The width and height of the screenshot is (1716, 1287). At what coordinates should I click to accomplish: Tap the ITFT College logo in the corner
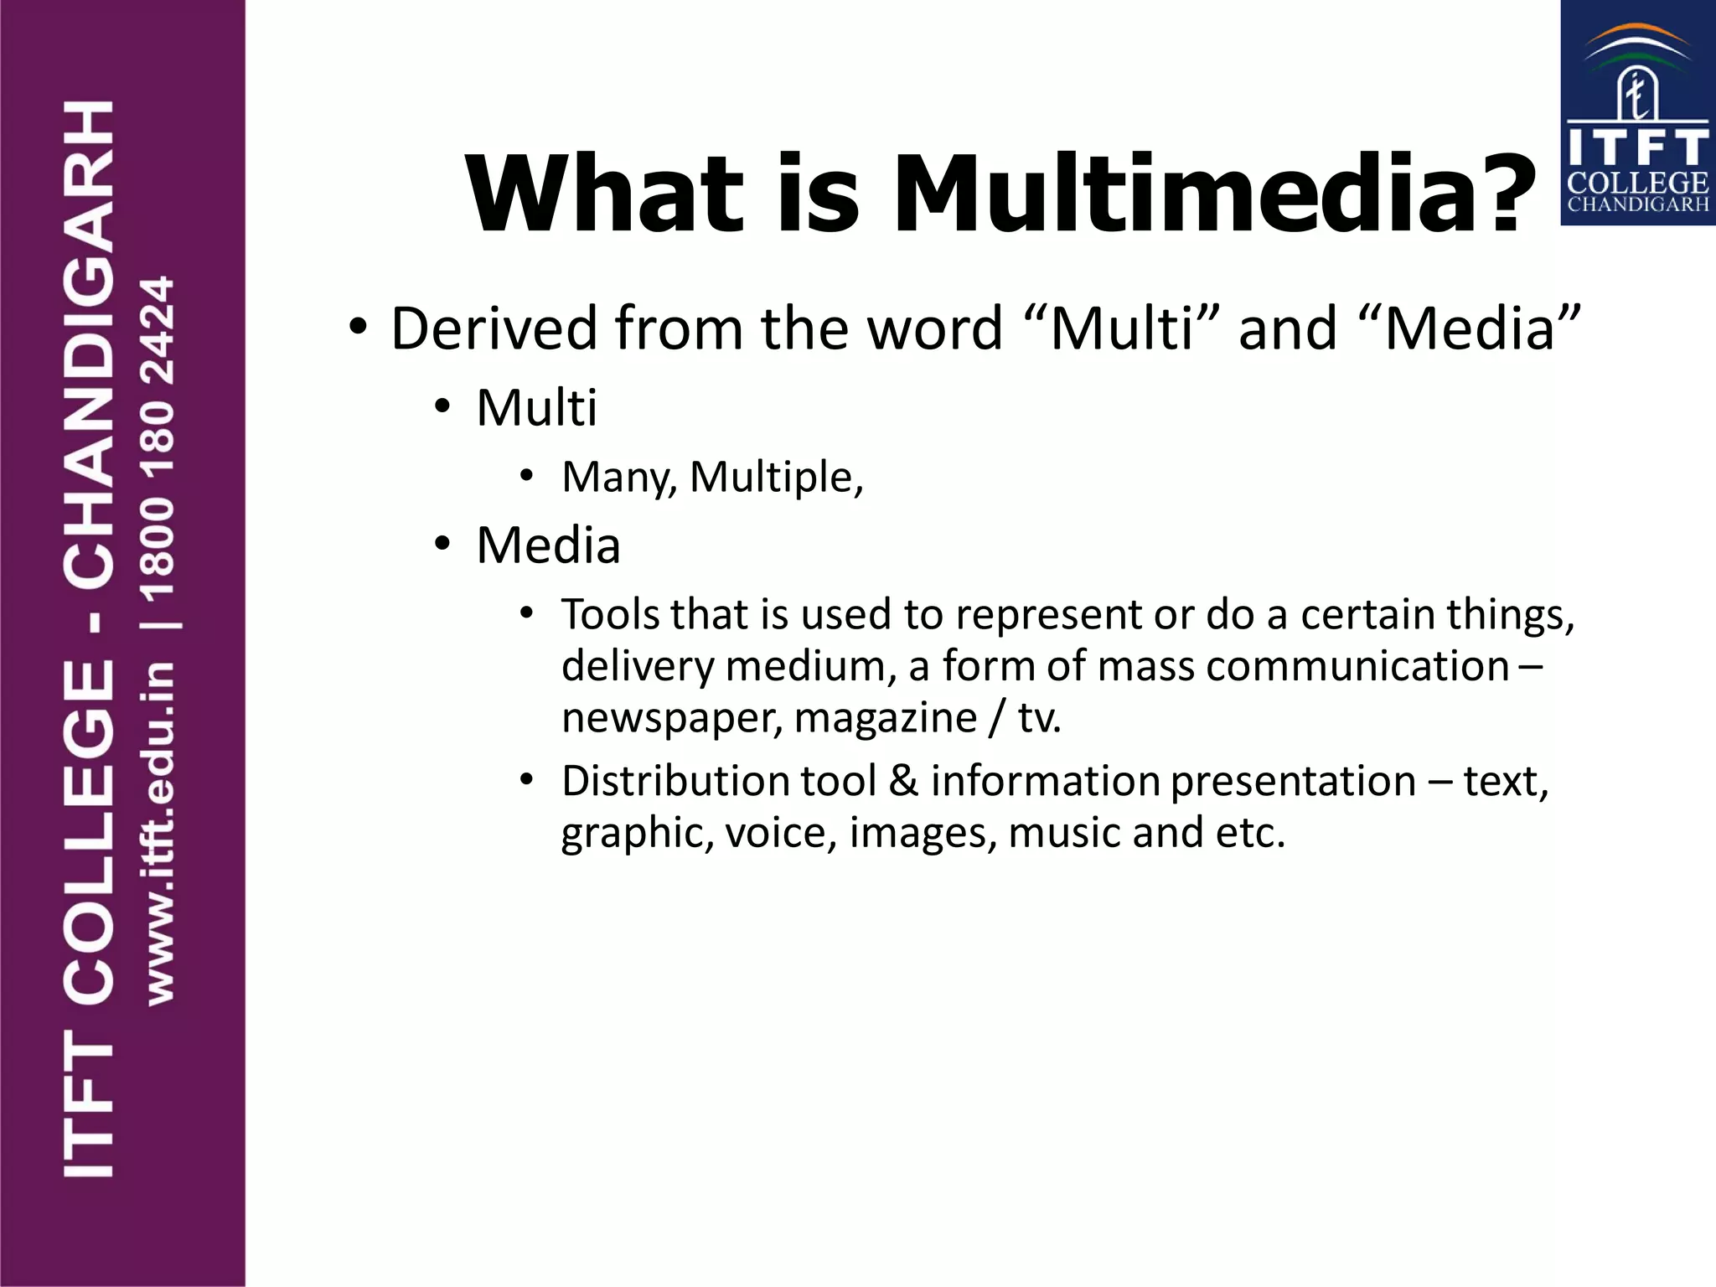1637,113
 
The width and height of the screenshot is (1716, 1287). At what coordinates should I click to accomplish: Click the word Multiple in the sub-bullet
775,478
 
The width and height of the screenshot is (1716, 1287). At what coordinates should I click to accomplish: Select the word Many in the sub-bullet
618,478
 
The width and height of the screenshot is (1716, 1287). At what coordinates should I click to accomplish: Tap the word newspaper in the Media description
671,718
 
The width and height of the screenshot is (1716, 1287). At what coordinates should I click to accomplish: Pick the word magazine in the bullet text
885,718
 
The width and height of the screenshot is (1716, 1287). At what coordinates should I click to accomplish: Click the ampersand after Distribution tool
903,781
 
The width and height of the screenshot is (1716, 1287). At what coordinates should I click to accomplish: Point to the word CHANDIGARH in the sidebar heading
89,344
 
